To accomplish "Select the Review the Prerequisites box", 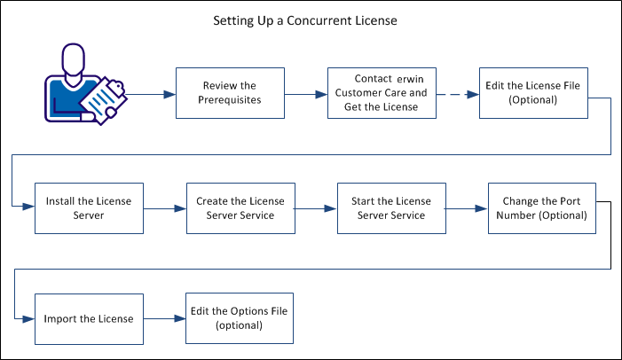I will [230, 92].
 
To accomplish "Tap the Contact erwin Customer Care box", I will [381, 92].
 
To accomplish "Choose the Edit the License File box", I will [532, 92].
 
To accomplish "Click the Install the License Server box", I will [89, 208].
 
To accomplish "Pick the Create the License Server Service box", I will [240, 208].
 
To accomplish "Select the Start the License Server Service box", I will [390, 208].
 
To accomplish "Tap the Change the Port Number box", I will [541, 208].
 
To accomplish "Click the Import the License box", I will [89, 318].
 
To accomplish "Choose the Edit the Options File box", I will [240, 318].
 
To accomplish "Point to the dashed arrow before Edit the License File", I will [456, 91].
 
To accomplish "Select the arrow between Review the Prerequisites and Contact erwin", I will [305, 91].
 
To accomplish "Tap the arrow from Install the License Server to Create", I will [164, 209].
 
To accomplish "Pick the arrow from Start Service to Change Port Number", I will [466, 209].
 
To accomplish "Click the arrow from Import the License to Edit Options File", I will [164, 318].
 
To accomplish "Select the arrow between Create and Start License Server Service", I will [315, 209].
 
